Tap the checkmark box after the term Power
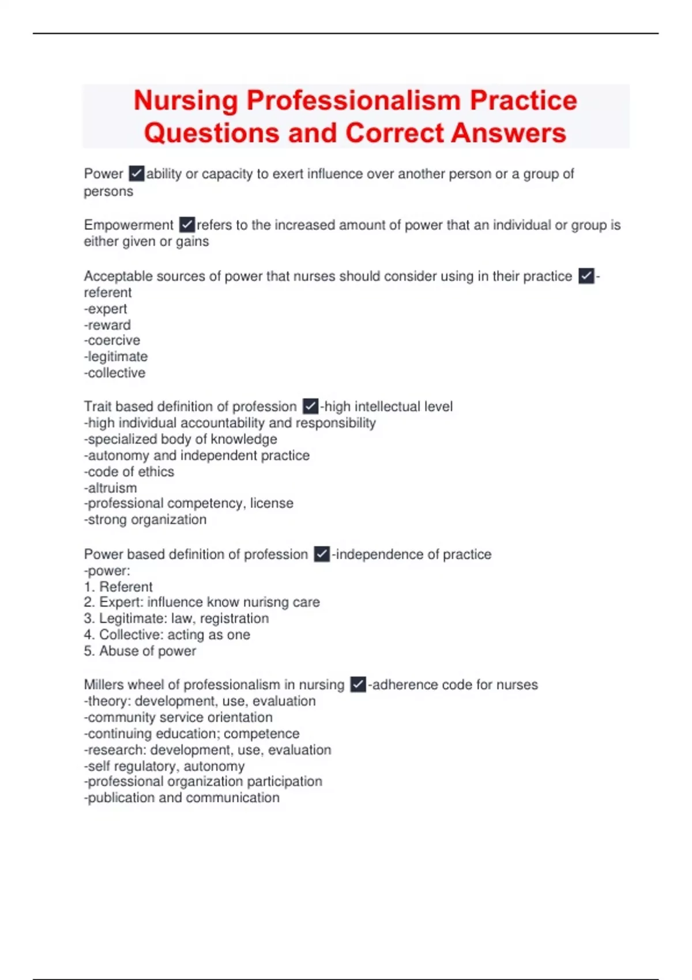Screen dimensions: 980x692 137,174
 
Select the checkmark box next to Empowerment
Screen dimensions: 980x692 187,224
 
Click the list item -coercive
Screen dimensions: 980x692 112,340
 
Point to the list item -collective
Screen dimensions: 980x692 115,373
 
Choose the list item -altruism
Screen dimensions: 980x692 111,488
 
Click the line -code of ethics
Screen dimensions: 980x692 129,472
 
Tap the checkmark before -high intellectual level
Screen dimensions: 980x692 310,406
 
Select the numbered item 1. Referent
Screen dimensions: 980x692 118,587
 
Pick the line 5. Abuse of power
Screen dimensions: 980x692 140,651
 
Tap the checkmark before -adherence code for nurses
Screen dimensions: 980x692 358,685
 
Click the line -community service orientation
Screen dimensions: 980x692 178,717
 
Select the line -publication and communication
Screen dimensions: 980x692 182,798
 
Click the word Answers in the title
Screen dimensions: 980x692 508,133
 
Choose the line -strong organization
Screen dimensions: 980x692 145,520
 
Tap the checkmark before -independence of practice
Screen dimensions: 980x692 322,555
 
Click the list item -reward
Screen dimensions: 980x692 107,325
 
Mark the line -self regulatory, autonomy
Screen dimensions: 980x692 164,766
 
